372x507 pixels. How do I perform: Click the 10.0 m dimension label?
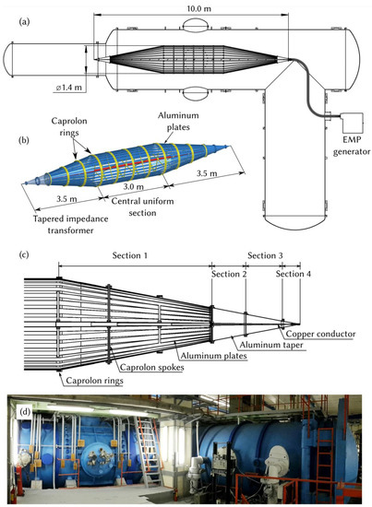(198, 8)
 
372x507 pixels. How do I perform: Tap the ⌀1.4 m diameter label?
(68, 87)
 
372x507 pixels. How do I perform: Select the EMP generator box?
(352, 123)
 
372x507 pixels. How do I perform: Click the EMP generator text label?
(352, 146)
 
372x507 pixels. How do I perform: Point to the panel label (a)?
(25, 22)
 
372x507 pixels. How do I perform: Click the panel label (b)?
(25, 140)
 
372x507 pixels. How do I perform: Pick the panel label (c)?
(24, 254)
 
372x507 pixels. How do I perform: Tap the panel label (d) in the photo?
(25, 412)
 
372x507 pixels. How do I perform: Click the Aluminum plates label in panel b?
(178, 122)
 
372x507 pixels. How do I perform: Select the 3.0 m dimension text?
(133, 187)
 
